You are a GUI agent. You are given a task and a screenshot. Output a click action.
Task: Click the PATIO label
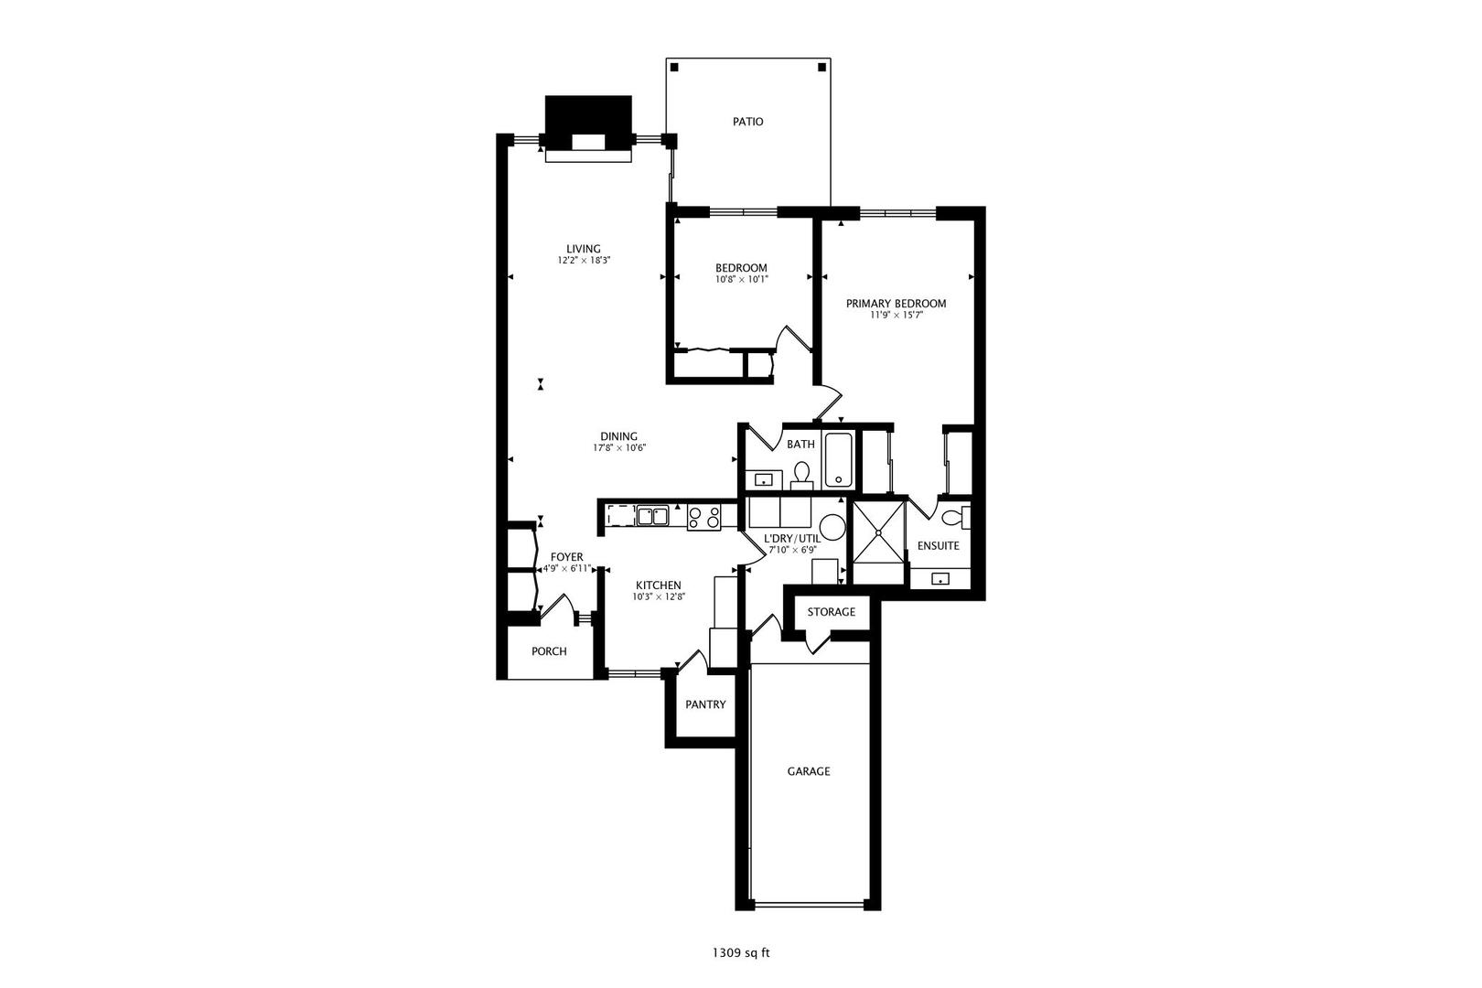coord(747,122)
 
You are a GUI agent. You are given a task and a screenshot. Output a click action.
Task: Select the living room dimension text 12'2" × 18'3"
coord(584,261)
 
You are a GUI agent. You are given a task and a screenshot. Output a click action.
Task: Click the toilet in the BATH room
coord(802,473)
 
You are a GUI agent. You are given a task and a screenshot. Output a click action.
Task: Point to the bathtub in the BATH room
coord(839,460)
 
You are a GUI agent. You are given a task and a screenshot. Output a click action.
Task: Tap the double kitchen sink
coord(652,517)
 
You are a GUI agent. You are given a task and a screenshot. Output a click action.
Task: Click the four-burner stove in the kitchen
coord(703,518)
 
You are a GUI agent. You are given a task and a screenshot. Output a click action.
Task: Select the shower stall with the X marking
coord(878,532)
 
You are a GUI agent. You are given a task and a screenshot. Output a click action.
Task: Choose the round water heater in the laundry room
coord(832,526)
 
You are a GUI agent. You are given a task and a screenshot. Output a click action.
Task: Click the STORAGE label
coord(831,612)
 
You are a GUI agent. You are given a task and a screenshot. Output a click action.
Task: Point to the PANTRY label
coord(705,704)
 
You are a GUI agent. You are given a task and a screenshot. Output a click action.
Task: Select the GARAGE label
coord(809,771)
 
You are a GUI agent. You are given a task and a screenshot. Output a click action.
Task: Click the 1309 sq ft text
coord(741,953)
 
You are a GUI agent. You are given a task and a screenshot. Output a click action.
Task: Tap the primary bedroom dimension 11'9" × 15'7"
coord(896,316)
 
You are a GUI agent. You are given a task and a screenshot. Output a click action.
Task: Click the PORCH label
coord(549,651)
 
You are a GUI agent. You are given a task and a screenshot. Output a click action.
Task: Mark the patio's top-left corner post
coord(674,67)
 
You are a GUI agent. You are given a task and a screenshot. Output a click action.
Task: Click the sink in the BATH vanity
coord(762,479)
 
